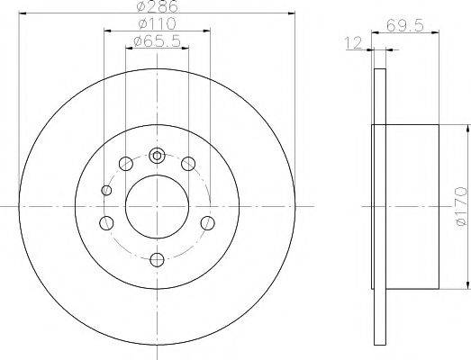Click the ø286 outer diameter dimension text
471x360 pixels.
(158, 6)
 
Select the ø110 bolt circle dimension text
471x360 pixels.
(157, 23)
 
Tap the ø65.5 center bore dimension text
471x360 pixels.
(157, 40)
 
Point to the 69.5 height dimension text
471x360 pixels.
(405, 25)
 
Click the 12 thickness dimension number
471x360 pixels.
(353, 43)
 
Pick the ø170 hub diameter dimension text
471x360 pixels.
(462, 206)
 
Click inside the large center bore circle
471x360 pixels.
(157, 206)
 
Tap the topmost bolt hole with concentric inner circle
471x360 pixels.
(157, 156)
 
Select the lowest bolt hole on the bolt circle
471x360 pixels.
(157, 260)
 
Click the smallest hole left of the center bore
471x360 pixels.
(106, 190)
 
